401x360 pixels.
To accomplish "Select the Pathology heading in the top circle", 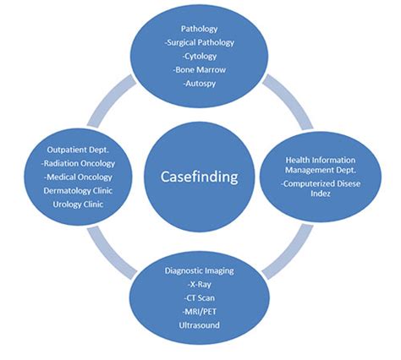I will click(x=200, y=29).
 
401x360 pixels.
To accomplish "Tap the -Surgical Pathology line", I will click(x=200, y=42).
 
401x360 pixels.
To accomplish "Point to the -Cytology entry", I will click(x=200, y=56).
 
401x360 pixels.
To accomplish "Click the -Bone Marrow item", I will click(x=200, y=69).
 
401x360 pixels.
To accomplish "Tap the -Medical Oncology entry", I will click(x=79, y=177).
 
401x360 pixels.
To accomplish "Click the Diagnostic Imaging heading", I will click(x=200, y=271).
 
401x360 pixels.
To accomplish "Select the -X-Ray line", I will click(x=200, y=285).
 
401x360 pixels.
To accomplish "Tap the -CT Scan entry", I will click(x=200, y=298).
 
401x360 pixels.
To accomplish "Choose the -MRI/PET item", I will click(x=200, y=312).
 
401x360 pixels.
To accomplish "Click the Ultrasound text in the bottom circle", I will click(x=200, y=325).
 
